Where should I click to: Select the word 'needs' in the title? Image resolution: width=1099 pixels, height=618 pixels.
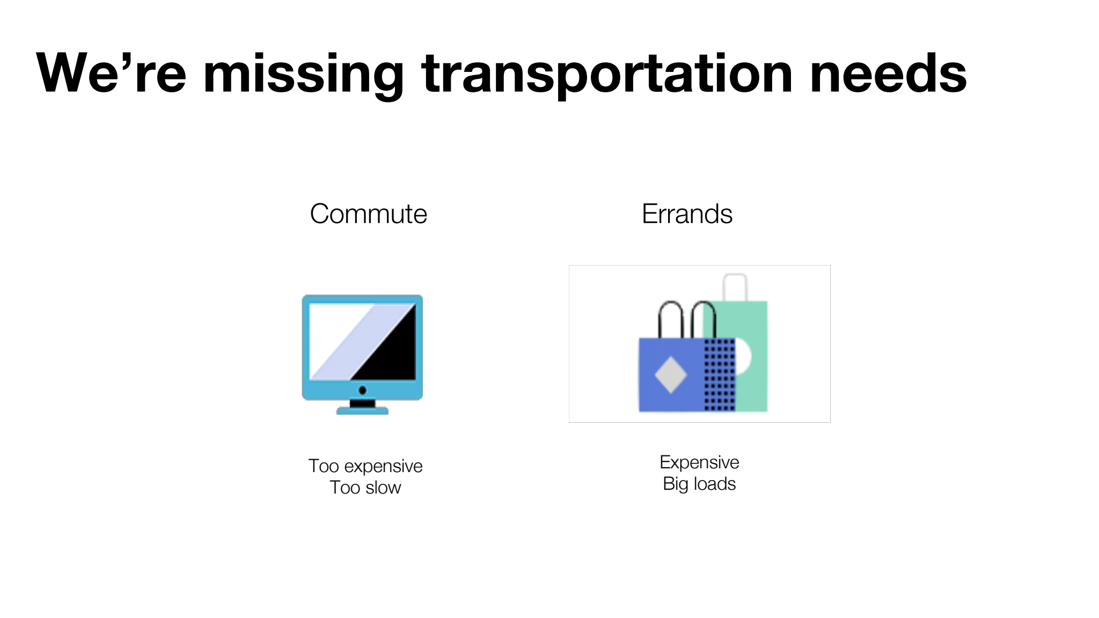(x=888, y=73)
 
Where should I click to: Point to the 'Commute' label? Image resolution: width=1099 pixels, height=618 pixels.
(x=369, y=214)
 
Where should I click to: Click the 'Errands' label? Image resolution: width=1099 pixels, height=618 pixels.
(x=687, y=214)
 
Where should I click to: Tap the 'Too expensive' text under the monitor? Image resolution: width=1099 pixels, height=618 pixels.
(x=365, y=466)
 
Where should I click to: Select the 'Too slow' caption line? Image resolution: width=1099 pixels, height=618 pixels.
(x=365, y=488)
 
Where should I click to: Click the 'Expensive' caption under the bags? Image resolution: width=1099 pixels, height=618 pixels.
(x=699, y=462)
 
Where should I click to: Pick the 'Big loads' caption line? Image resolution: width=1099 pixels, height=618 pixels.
(x=699, y=484)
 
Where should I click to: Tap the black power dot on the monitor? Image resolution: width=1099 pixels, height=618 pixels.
(x=362, y=390)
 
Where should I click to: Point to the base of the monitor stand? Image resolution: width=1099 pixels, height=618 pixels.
(x=362, y=411)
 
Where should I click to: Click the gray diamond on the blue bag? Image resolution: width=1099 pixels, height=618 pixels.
(x=670, y=374)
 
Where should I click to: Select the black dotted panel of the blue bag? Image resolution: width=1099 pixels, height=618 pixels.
(x=719, y=374)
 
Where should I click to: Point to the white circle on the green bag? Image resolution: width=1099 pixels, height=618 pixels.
(x=744, y=356)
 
